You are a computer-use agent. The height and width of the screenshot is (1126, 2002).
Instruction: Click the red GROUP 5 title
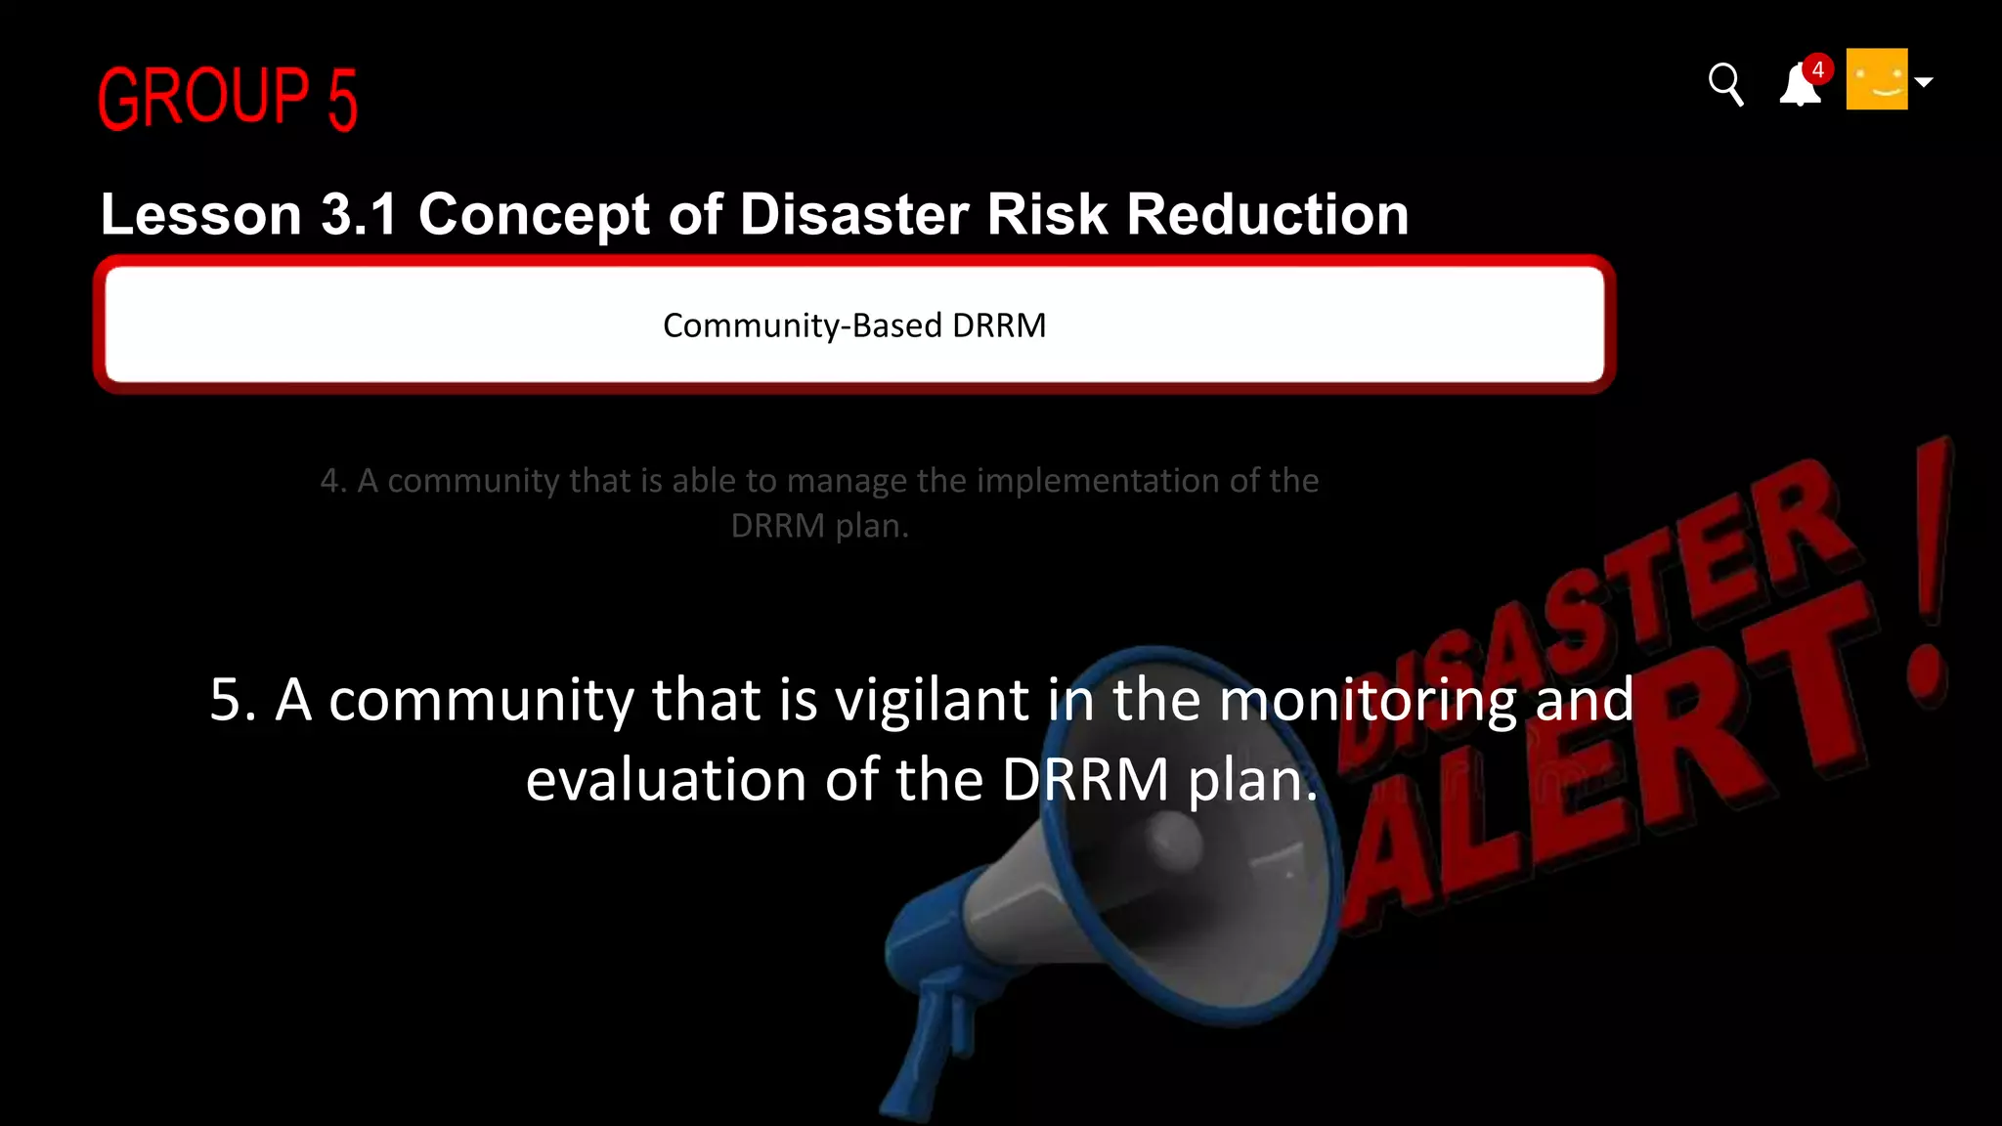coord(228,98)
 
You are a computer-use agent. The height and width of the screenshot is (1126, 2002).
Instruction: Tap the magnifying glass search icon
coord(1725,84)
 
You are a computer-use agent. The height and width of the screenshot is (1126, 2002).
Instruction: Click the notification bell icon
coord(1799,86)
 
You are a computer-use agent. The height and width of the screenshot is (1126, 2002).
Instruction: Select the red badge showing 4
coord(1817,69)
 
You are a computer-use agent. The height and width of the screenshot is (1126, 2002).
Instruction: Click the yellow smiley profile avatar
coord(1876,79)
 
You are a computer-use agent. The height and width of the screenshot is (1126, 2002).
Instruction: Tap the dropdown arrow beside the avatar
coord(1924,82)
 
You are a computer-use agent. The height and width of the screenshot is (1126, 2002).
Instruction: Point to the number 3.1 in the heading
coord(359,214)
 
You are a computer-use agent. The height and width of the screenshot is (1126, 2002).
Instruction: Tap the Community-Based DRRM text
coord(854,325)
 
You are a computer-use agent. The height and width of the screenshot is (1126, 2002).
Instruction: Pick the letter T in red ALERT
coord(1818,674)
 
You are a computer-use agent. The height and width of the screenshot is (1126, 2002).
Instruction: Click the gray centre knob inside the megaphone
coord(1172,841)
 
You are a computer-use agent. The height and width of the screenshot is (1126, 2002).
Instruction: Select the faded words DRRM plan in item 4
coord(819,526)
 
